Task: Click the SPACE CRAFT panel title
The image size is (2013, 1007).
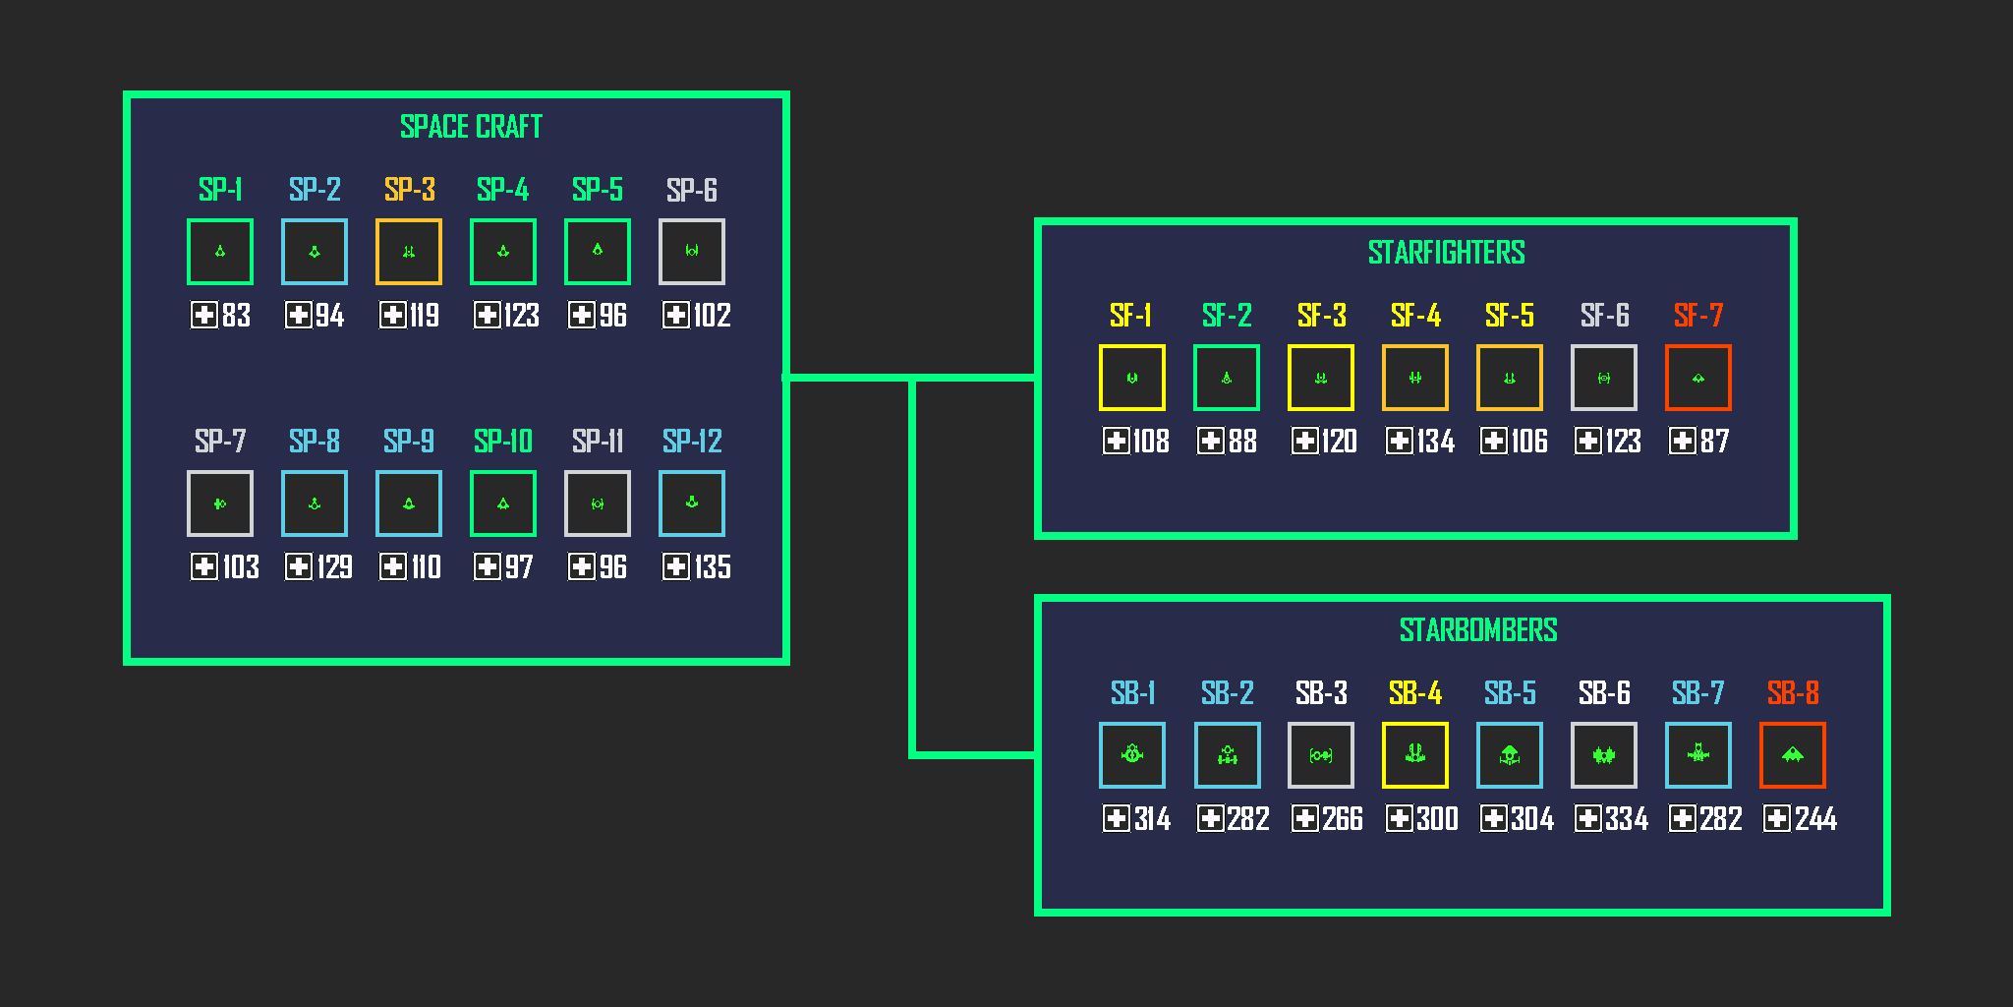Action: pyautogui.click(x=471, y=127)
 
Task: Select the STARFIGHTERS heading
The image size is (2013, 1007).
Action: pyautogui.click(x=1446, y=253)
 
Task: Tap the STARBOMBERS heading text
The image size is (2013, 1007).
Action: pyautogui.click(x=1477, y=630)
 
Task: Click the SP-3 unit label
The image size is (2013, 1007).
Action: pyautogui.click(x=409, y=190)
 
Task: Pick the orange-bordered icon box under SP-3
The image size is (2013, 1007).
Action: pyautogui.click(x=409, y=252)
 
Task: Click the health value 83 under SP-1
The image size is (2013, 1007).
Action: pyautogui.click(x=236, y=316)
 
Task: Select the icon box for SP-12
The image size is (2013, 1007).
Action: pyautogui.click(x=692, y=503)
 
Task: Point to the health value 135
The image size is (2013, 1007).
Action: pyautogui.click(x=712, y=567)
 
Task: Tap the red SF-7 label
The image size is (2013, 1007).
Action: pyautogui.click(x=1697, y=316)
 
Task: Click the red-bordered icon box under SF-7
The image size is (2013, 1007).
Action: pyautogui.click(x=1698, y=378)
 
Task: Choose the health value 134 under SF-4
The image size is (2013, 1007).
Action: pyautogui.click(x=1435, y=442)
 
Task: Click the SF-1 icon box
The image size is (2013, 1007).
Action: pyautogui.click(x=1132, y=378)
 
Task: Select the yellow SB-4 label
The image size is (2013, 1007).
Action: pyautogui.click(x=1414, y=693)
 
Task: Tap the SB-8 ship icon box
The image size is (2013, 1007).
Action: pyautogui.click(x=1793, y=755)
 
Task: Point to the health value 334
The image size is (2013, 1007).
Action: pyautogui.click(x=1626, y=819)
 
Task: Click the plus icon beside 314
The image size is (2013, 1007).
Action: pyautogui.click(x=1117, y=818)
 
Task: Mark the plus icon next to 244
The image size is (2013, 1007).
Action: pyautogui.click(x=1777, y=818)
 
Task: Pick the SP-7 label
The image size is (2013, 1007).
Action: pyautogui.click(x=220, y=442)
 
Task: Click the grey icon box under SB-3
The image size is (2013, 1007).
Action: pyautogui.click(x=1321, y=755)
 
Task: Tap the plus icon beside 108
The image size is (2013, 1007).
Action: pyautogui.click(x=1117, y=441)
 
